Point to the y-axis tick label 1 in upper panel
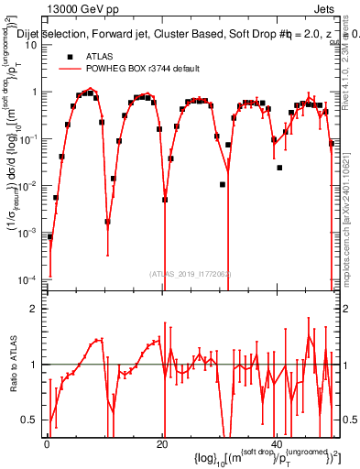coord(34,93)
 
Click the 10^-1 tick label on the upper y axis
coord(29,139)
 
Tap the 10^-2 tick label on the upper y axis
coord(29,186)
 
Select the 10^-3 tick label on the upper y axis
coord(29,233)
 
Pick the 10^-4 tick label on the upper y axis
coord(29,279)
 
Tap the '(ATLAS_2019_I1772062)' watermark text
coord(190,273)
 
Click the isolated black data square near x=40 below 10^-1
coord(279,168)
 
